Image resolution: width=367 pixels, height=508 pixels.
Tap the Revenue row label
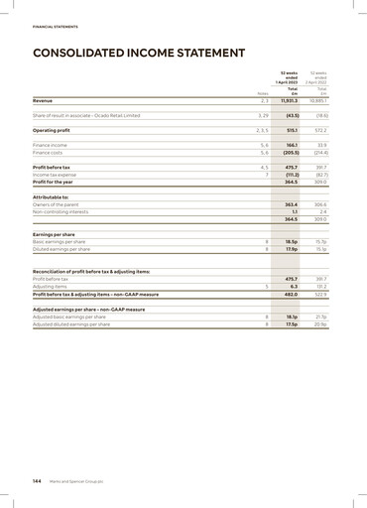pos(43,101)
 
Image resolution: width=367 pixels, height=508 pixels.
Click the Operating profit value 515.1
pos(292,130)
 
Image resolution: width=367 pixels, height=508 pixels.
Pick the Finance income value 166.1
pos(292,145)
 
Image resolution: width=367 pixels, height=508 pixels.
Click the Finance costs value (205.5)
pos(289,153)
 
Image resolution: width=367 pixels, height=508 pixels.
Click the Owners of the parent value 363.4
pos(291,203)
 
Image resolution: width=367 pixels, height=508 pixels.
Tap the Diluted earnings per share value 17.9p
pos(292,248)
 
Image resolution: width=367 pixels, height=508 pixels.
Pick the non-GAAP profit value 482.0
pos(291,294)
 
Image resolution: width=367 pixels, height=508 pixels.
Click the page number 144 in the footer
pos(38,479)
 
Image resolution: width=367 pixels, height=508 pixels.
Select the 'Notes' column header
pos(262,93)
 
